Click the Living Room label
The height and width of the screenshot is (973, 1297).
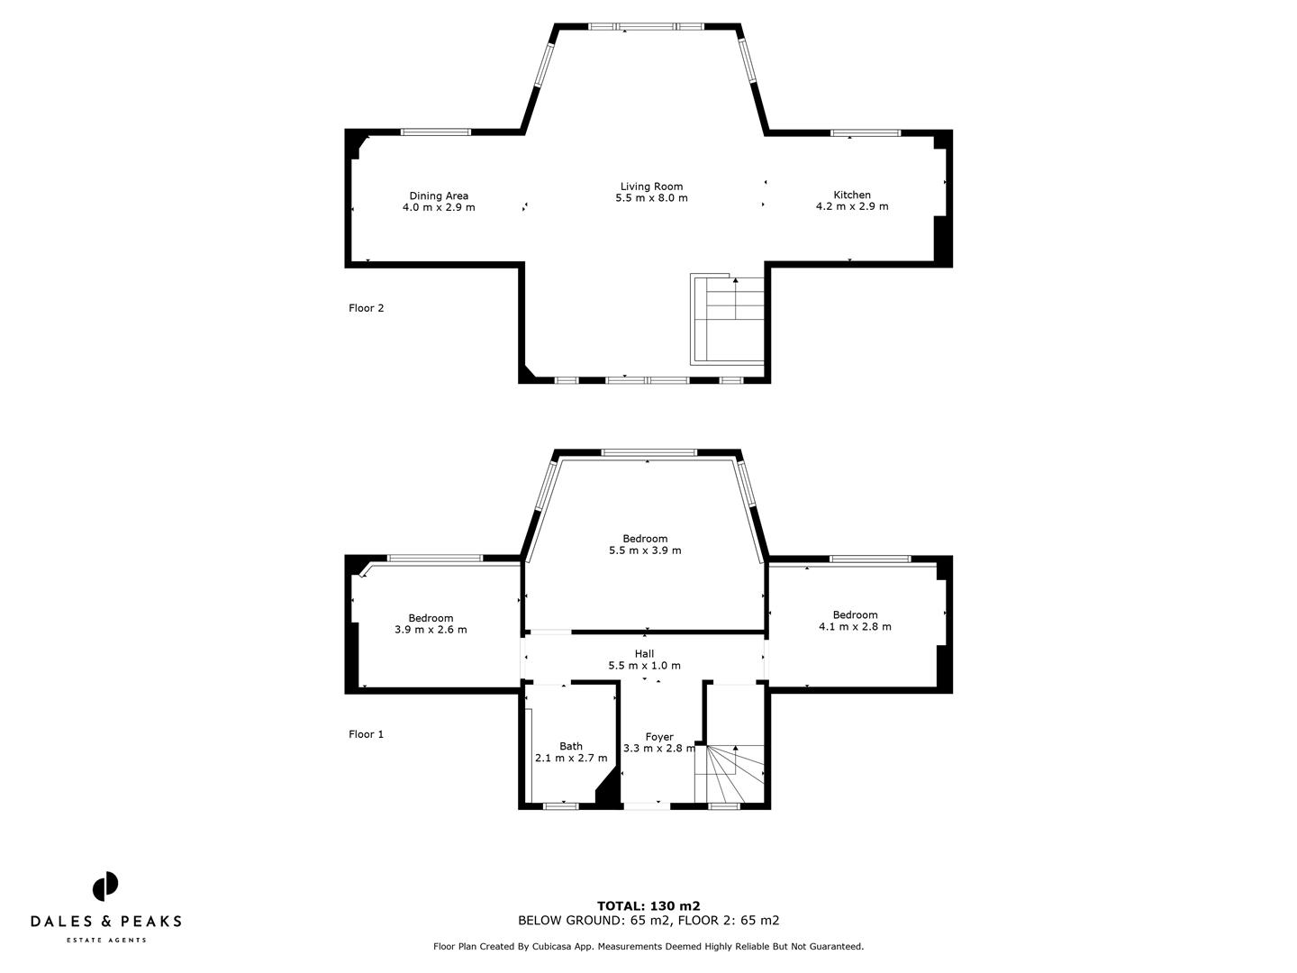tap(651, 186)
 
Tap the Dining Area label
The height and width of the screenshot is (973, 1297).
tap(439, 196)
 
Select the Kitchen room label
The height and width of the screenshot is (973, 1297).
tap(852, 195)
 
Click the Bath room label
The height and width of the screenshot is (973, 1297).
tap(571, 746)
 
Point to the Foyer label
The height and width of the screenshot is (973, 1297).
tap(659, 737)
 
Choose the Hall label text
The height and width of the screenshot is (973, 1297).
tap(644, 654)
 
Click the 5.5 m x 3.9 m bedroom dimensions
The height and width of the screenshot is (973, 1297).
tap(645, 550)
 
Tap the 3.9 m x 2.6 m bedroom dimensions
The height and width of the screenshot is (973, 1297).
tap(431, 630)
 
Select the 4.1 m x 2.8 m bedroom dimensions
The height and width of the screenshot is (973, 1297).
tap(855, 627)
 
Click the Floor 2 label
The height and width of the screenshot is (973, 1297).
tap(367, 308)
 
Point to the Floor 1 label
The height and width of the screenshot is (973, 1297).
tap(367, 734)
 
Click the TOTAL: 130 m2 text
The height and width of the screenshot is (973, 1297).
tap(648, 906)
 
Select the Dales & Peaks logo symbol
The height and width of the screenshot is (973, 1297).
tap(105, 887)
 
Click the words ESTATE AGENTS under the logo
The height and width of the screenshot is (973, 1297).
tap(106, 941)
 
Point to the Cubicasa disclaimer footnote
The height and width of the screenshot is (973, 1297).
tap(648, 947)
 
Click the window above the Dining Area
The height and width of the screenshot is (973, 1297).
tap(436, 132)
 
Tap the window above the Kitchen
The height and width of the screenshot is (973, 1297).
tap(866, 133)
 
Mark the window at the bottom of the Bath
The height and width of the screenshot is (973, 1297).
tap(561, 806)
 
